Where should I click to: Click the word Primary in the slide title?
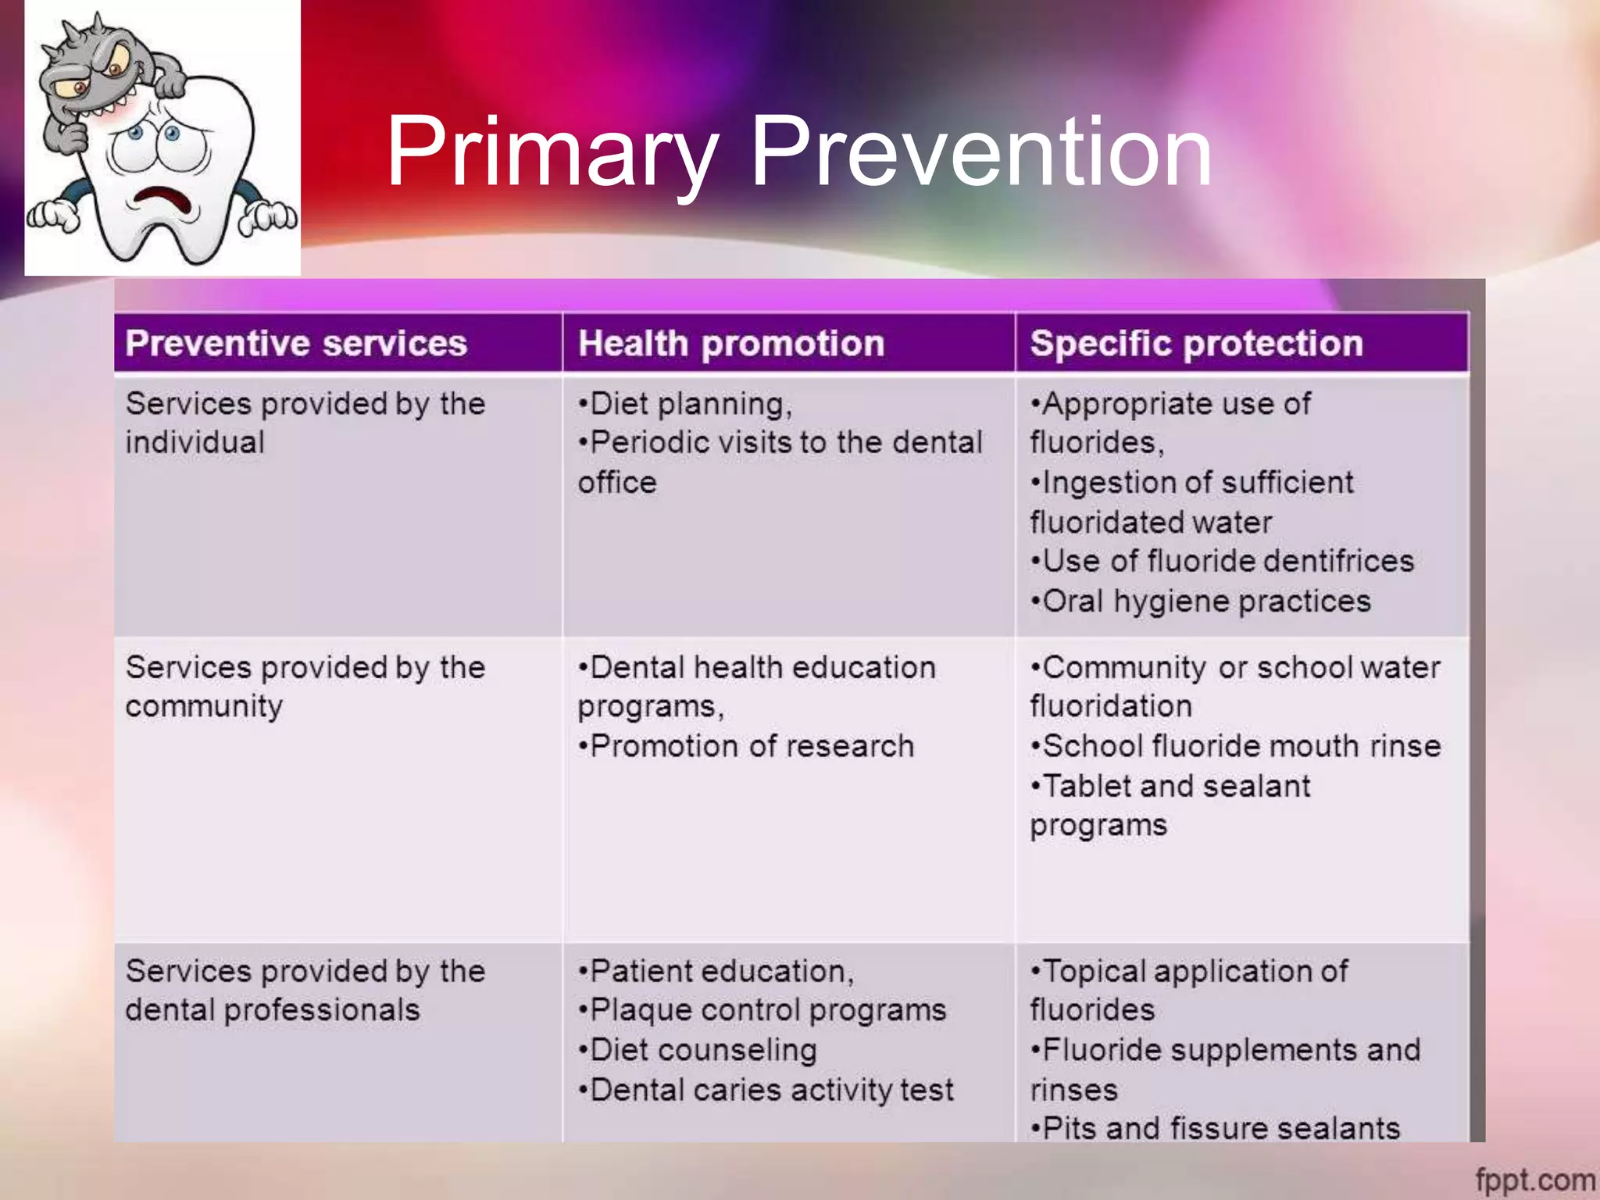551,152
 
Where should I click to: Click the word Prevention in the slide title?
980,152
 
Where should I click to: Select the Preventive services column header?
296,344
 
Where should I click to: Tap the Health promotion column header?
731,344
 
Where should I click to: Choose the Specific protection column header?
1196,344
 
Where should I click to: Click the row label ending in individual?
305,423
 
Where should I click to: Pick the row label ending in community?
305,687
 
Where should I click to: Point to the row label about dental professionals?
305,991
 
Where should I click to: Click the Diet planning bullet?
685,404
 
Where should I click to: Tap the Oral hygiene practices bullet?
1201,601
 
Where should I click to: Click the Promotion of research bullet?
746,746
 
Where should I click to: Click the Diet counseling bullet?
698,1050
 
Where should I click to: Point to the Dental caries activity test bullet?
766,1090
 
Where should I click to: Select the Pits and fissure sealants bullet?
1216,1128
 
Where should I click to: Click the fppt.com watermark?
1534,1179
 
